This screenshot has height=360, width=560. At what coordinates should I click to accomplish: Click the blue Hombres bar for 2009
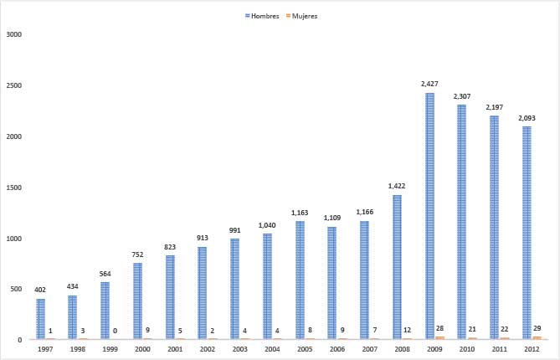pyautogui.click(x=429, y=216)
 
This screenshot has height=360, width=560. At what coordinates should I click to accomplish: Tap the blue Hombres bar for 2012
pyautogui.click(x=527, y=233)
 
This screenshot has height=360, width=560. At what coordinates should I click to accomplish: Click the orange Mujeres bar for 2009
pyautogui.click(x=440, y=338)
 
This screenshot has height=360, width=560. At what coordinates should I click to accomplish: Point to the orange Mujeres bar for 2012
pyautogui.click(x=537, y=338)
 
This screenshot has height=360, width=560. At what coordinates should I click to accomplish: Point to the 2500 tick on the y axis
pyautogui.click(x=13, y=85)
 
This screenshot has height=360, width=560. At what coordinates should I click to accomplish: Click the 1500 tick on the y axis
pyautogui.click(x=13, y=188)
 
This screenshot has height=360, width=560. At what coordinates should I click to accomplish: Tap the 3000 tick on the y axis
pyautogui.click(x=13, y=34)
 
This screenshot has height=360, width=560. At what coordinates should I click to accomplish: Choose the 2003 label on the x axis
pyautogui.click(x=240, y=350)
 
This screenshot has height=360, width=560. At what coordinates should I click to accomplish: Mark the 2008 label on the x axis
pyautogui.click(x=403, y=350)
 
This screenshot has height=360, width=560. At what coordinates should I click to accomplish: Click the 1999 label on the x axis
pyautogui.click(x=110, y=350)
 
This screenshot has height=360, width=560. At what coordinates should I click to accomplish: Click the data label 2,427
pyautogui.click(x=430, y=85)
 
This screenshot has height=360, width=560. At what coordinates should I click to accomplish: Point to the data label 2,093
pyautogui.click(x=527, y=118)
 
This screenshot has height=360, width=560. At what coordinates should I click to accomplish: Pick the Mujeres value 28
pyautogui.click(x=440, y=330)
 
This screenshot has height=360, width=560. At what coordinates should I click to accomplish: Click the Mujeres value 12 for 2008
pyautogui.click(x=408, y=331)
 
